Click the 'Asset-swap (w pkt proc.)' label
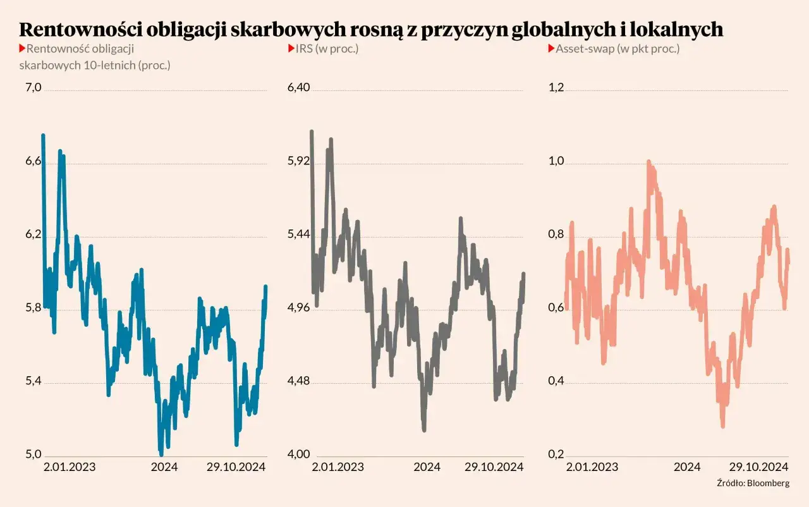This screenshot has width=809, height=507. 617,48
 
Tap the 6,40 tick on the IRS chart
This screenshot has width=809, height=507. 299,87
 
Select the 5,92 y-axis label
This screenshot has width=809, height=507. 299,161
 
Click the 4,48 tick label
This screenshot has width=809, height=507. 299,381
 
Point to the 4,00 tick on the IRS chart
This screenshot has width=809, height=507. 299,455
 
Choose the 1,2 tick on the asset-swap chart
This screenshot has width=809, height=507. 555,87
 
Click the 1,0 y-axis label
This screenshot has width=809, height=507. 555,161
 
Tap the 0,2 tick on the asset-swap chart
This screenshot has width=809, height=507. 555,455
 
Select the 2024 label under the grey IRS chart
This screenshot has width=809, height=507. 427,467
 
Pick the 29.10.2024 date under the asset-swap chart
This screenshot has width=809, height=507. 758,467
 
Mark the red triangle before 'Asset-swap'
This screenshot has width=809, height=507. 550,48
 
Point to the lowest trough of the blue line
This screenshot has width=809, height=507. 161,453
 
